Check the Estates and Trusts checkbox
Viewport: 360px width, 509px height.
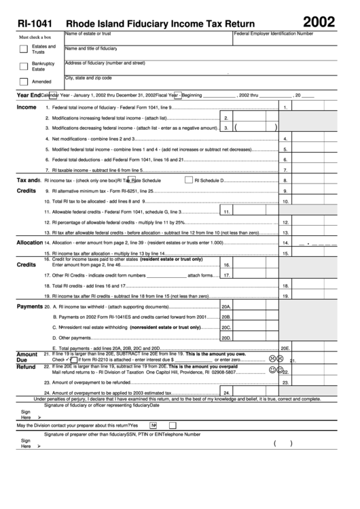[24, 49]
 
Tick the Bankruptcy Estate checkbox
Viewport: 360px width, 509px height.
[24, 66]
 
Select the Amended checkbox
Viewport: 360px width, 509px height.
[24, 82]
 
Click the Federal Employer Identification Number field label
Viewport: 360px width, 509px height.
[274, 33]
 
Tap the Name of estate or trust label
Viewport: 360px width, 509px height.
[88, 33]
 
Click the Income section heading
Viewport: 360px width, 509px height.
[26, 107]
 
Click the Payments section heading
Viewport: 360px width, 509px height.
[29, 307]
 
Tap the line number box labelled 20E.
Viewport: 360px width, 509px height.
[286, 348]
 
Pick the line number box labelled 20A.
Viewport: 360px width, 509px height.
[227, 307]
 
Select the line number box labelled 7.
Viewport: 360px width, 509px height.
[286, 170]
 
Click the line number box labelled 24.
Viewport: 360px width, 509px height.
[227, 393]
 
